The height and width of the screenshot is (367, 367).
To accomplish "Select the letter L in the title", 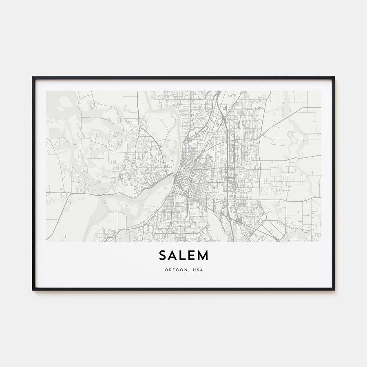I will click(183, 255).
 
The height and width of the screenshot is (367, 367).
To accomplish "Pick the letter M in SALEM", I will click(203, 255).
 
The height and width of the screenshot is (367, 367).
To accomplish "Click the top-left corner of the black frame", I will click(33, 77).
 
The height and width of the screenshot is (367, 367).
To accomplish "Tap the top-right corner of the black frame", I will click(334, 77).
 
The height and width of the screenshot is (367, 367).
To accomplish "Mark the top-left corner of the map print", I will click(46, 91).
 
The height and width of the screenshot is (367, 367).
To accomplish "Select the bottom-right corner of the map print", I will click(321, 241).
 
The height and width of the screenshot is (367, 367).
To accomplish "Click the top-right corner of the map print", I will click(321, 91).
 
